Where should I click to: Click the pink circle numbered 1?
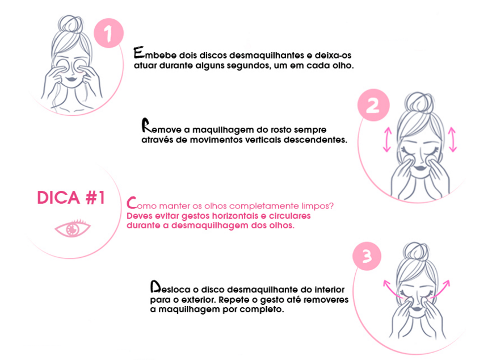[108, 33]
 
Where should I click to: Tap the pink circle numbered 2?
[373, 105]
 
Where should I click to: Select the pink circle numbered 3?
[367, 256]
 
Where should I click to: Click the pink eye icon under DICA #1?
[73, 228]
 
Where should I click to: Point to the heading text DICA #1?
[71, 198]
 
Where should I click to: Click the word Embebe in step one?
[155, 53]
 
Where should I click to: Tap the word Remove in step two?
[162, 127]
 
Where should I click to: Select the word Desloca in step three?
[170, 287]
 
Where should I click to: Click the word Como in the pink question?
[141, 204]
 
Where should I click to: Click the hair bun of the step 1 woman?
[72, 23]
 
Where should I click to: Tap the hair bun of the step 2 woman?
[419, 101]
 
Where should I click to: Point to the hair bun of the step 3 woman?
[416, 251]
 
